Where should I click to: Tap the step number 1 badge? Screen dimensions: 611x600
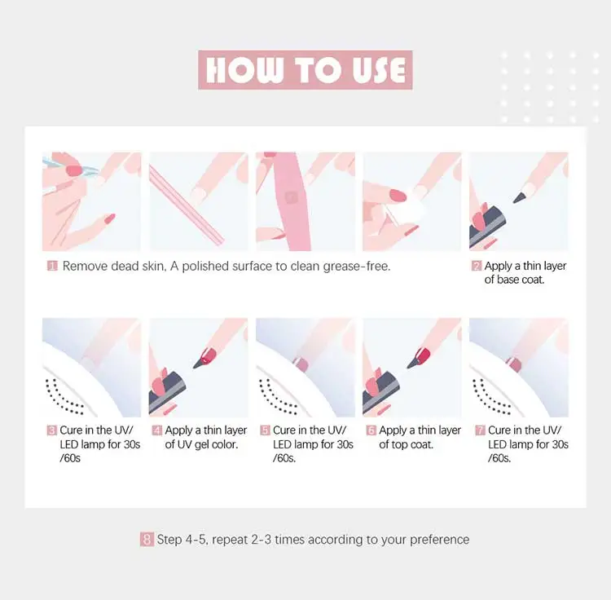(x=52, y=266)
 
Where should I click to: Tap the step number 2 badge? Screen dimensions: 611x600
(x=477, y=266)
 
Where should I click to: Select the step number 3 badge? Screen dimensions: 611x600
(x=51, y=430)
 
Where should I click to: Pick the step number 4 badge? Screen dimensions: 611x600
(x=156, y=430)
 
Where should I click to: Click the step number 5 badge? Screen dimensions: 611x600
(x=265, y=430)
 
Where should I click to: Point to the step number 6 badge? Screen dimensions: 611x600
(x=371, y=430)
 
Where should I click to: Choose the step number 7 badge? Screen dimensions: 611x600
(x=480, y=430)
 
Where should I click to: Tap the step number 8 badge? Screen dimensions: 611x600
(x=147, y=539)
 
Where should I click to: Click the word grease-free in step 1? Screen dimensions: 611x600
(x=356, y=267)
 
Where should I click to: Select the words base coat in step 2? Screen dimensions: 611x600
(x=521, y=280)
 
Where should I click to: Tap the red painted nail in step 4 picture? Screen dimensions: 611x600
(x=209, y=355)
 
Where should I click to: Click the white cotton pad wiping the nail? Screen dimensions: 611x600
(x=407, y=210)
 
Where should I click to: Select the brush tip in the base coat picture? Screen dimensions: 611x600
(x=520, y=197)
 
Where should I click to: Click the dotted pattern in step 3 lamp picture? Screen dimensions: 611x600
(x=64, y=397)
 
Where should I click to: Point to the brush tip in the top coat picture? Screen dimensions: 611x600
(x=413, y=363)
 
